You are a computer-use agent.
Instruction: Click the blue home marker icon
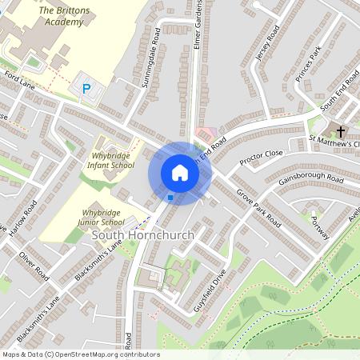pyautogui.click(x=180, y=173)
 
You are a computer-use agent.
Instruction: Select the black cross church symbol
pyautogui.click(x=341, y=131)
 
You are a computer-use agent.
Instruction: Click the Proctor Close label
pyautogui.click(x=261, y=157)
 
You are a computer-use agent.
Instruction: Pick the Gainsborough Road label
pyautogui.click(x=311, y=181)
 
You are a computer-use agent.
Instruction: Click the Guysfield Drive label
pyautogui.click(x=213, y=290)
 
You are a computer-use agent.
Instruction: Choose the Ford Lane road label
pyautogui.click(x=20, y=79)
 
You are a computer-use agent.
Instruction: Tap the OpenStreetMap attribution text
pyautogui.click(x=80, y=354)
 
